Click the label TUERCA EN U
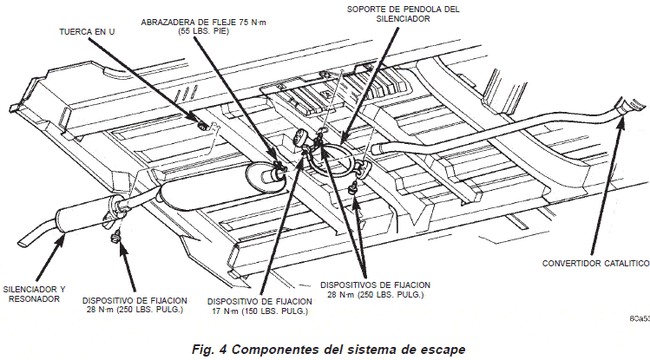(87, 32)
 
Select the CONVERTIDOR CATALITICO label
(595, 264)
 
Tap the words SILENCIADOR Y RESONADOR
(34, 294)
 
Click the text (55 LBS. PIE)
(204, 31)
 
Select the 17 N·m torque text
(224, 311)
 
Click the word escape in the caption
(443, 350)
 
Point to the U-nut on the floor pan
(203, 125)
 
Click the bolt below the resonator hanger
(115, 238)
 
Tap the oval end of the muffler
(265, 177)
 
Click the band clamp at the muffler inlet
(279, 168)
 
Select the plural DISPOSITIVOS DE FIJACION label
(375, 290)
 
